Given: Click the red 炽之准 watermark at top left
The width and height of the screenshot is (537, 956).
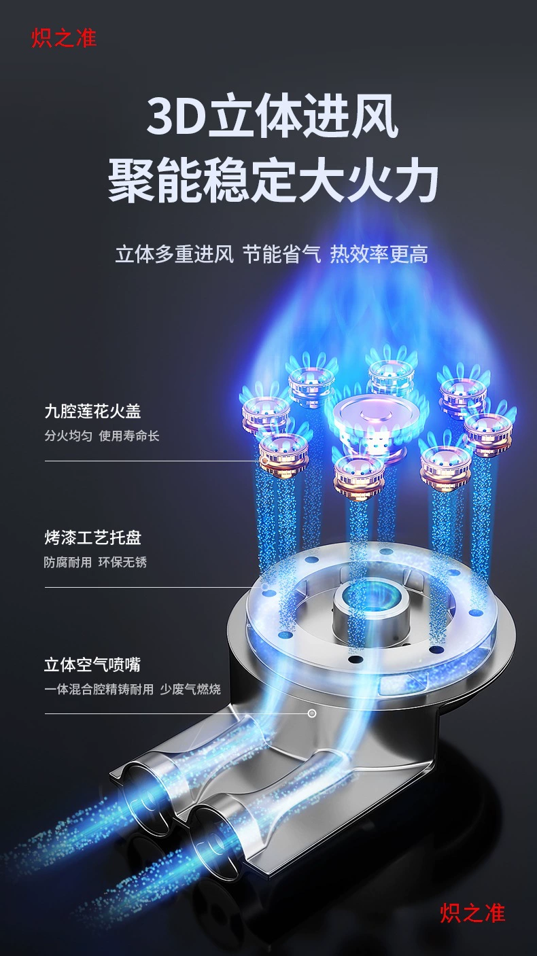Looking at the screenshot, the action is click(x=64, y=37).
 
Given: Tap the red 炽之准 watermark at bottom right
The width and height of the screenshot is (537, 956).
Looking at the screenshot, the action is click(x=472, y=913).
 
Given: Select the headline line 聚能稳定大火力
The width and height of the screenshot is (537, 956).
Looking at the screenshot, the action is click(x=273, y=181).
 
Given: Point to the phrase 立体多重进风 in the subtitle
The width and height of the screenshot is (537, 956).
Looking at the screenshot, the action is click(x=174, y=254).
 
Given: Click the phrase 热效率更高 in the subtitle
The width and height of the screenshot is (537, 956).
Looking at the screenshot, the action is click(x=379, y=254).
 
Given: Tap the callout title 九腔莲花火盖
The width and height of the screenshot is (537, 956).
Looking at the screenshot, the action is click(x=92, y=411).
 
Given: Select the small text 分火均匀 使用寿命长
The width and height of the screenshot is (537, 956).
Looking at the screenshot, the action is click(x=101, y=436).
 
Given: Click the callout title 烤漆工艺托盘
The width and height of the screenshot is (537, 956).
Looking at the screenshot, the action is click(x=92, y=537).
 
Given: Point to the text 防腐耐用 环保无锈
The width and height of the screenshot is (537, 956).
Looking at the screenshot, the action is click(x=95, y=562).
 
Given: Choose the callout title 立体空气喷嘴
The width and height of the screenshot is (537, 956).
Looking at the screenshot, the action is click(x=92, y=665).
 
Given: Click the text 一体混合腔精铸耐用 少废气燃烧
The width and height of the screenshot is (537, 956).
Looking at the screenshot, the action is click(x=133, y=689).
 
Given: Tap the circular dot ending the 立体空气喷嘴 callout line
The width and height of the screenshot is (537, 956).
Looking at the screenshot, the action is click(x=312, y=713).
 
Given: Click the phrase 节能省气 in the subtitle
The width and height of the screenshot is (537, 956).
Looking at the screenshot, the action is click(x=281, y=254).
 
